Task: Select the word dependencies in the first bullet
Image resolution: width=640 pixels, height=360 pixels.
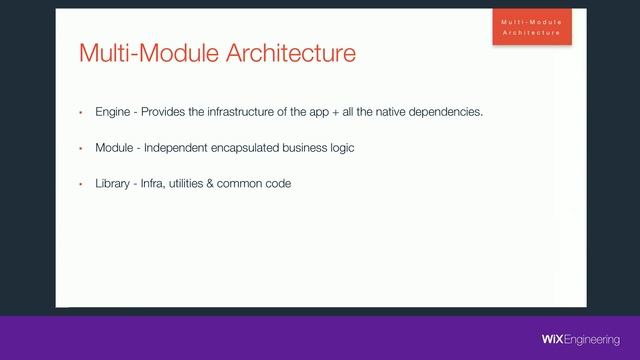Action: point(447,112)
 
